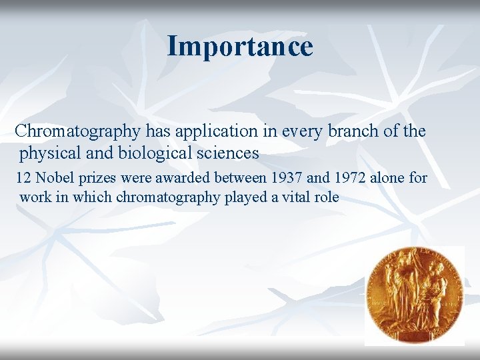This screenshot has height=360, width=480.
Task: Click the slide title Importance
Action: (x=239, y=47)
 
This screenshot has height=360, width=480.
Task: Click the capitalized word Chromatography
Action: (x=77, y=131)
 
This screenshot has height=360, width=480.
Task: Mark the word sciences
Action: (x=227, y=153)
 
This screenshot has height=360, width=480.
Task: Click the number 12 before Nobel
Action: (x=23, y=178)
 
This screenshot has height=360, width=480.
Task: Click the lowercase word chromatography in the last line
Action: (x=167, y=198)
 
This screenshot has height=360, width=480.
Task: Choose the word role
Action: (x=326, y=197)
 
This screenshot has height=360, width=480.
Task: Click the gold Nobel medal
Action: (x=413, y=295)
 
